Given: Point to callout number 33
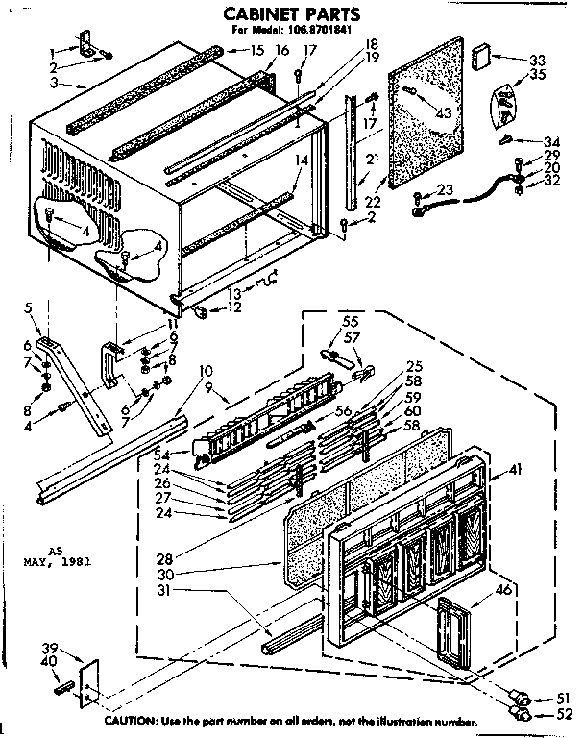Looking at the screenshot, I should pyautogui.click(x=538, y=61).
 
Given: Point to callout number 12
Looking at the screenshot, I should pyautogui.click(x=235, y=308).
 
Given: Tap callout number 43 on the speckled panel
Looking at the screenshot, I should pyautogui.click(x=443, y=113).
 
